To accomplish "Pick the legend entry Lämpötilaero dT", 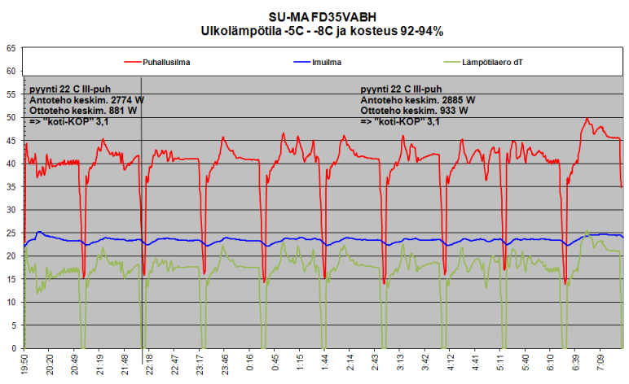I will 493,61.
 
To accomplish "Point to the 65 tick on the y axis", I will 11,48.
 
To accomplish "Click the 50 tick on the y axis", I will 11,117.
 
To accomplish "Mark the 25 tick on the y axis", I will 11,233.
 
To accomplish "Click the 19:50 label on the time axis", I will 24,363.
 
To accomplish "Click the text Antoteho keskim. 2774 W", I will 86,99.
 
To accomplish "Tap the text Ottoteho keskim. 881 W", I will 84,110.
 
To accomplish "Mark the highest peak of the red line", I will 587,119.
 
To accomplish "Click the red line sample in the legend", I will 134,61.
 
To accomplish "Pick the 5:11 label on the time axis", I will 505,363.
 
